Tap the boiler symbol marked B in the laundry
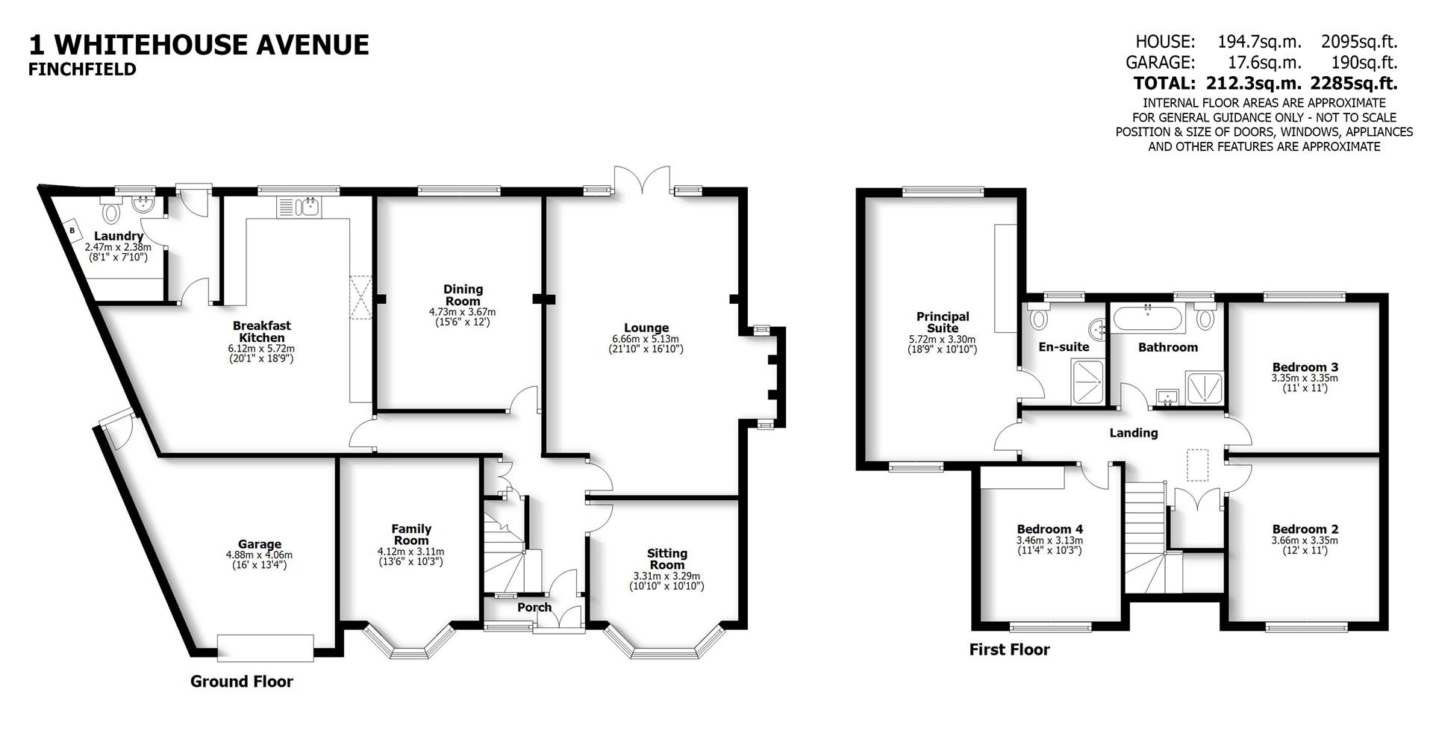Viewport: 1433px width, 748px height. tap(72, 231)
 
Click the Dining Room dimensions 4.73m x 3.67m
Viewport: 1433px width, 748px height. tap(462, 312)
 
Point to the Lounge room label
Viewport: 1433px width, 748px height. tap(646, 328)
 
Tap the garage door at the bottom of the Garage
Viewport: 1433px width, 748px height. tap(265, 647)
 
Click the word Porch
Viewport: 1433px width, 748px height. tap(534, 607)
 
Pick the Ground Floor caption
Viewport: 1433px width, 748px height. tap(241, 682)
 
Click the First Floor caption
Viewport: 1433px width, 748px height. tap(1009, 649)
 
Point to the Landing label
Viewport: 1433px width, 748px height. tap(1133, 433)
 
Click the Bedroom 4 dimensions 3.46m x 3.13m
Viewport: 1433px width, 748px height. tap(1049, 540)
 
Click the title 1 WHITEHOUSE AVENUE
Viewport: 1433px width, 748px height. tap(199, 45)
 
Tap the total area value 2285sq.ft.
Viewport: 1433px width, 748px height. tap(1355, 83)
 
